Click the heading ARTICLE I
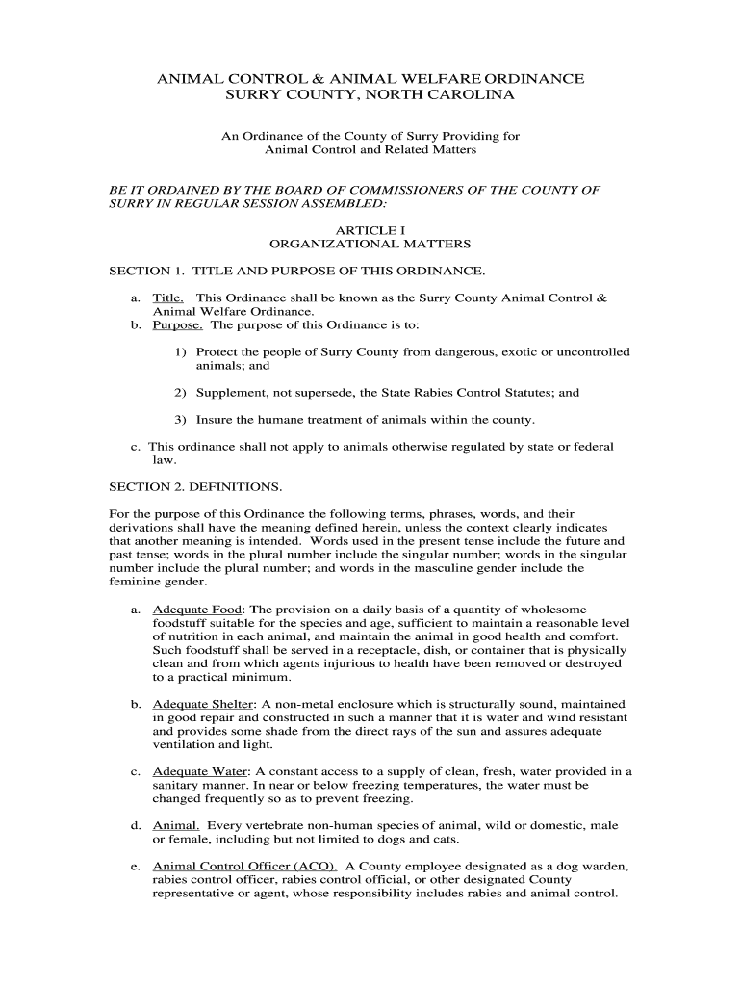[370, 230]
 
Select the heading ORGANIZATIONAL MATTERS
[370, 245]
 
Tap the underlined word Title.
[169, 298]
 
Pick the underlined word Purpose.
[177, 325]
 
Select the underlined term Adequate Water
[200, 771]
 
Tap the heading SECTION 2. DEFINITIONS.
[195, 486]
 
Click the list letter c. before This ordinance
[136, 447]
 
